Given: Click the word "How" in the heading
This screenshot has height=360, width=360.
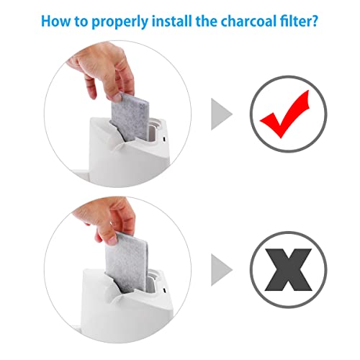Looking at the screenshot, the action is [56, 21].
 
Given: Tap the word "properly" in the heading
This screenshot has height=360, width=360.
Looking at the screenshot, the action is [120, 22].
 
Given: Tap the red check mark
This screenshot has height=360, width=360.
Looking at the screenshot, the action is [284, 114].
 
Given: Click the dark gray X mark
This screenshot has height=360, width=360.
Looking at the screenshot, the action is [288, 269].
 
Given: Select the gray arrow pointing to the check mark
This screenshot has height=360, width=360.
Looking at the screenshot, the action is [221, 114].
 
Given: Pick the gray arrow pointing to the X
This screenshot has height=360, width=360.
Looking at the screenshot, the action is [221, 270].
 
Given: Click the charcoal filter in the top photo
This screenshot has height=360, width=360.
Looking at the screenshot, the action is [130, 117].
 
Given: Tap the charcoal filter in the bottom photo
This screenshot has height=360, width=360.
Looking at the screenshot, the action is [127, 261].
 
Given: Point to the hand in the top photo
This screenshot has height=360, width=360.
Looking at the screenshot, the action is [102, 72].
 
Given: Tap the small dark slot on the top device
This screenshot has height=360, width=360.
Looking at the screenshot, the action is [164, 139].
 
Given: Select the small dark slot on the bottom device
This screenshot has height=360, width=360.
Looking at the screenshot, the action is [165, 290].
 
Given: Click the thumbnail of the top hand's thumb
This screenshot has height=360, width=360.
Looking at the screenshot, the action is [117, 97].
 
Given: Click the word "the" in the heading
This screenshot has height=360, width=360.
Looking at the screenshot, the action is [207, 21].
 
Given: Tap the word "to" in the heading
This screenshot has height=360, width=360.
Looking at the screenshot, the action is [81, 22].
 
